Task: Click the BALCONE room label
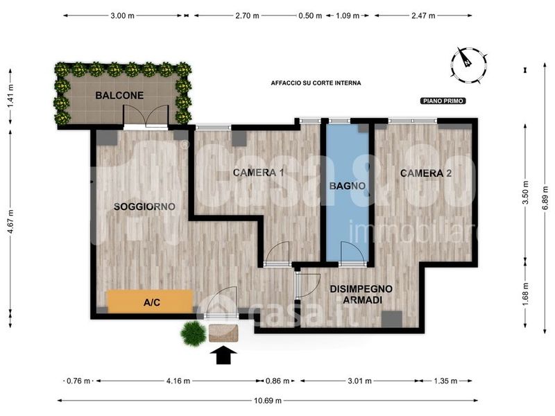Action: tap(119, 95)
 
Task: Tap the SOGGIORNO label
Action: tap(144, 207)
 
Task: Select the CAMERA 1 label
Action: tap(258, 173)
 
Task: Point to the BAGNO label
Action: tap(348, 186)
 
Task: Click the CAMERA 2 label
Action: tap(426, 173)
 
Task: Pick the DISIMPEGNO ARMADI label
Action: tap(361, 294)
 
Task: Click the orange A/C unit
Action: tap(151, 302)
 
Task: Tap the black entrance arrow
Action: tap(223, 355)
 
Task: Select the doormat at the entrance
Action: tap(223, 333)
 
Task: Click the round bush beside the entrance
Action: tap(193, 333)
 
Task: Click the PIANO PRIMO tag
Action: tap(443, 101)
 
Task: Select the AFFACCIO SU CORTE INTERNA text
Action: tap(316, 83)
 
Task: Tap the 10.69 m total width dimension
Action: tap(268, 401)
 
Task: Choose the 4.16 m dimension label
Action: tap(178, 381)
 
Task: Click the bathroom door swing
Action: tap(352, 252)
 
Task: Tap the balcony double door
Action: tap(146, 116)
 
